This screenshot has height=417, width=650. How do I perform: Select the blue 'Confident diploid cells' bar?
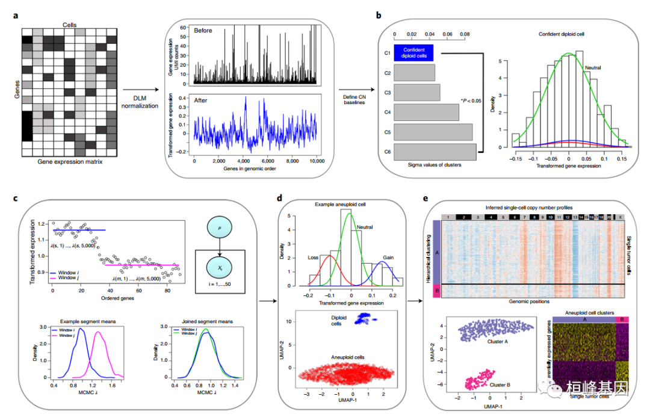click(416, 53)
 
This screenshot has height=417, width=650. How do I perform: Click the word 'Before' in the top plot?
click(203, 31)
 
